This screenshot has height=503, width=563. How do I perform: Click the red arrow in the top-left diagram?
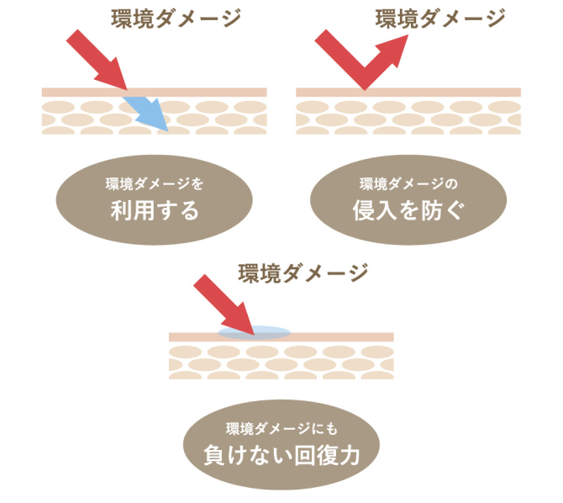coord(95,58)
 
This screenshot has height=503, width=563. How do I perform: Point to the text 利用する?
coord(155,209)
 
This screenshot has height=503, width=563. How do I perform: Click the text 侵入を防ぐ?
coord(408,210)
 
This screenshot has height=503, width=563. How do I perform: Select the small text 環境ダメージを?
coord(155,183)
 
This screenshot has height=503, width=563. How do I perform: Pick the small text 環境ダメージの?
coord(408,183)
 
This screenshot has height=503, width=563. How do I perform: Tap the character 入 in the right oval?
coord(387,210)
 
